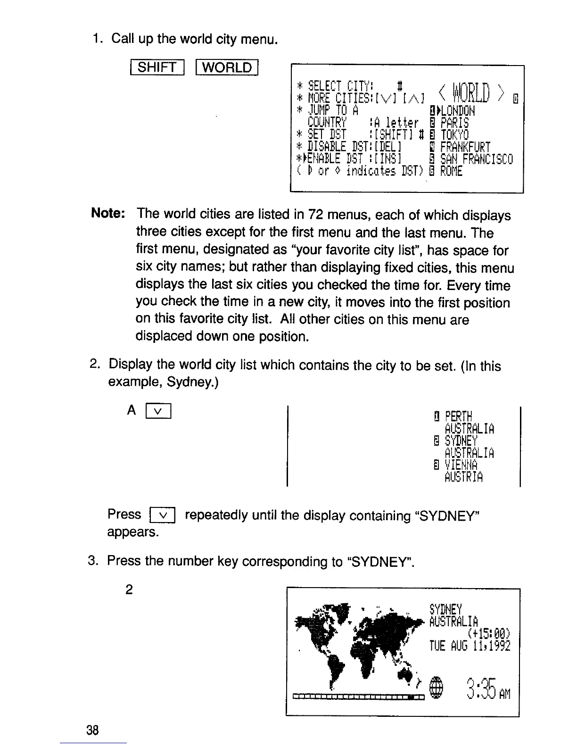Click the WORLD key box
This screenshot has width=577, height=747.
(x=227, y=68)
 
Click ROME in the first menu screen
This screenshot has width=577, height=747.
(x=451, y=171)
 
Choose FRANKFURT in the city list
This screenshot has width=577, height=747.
(x=465, y=147)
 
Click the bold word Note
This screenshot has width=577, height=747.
(x=107, y=214)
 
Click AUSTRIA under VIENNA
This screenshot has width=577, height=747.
(x=463, y=478)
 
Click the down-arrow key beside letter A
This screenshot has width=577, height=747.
(x=158, y=412)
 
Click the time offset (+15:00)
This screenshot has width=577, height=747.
(x=487, y=633)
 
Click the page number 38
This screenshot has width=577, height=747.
(x=93, y=730)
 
